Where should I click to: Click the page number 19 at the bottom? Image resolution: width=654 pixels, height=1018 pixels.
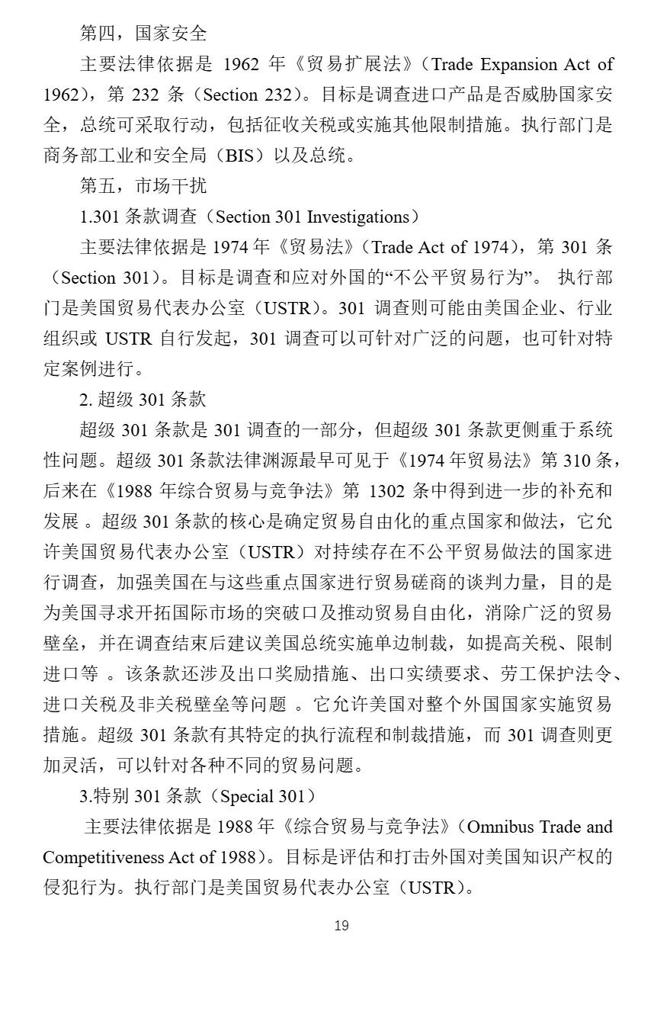point(341,925)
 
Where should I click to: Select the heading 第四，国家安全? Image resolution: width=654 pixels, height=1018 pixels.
point(143,34)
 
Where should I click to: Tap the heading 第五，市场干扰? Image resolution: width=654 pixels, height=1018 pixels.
point(143,186)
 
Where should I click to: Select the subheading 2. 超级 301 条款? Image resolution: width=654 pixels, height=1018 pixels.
point(143,400)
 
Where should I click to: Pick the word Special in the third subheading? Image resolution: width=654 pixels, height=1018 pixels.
point(247,796)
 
